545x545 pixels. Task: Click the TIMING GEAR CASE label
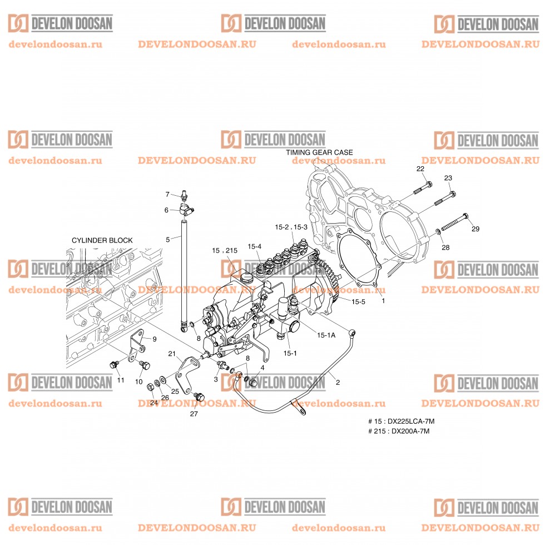pyautogui.click(x=319, y=152)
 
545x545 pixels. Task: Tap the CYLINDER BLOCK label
pyautogui.click(x=102, y=240)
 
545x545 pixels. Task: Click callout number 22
pyautogui.click(x=420, y=169)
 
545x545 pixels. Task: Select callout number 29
pyautogui.click(x=475, y=229)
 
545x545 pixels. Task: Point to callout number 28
pyautogui.click(x=445, y=247)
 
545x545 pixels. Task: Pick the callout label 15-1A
pyautogui.click(x=326, y=335)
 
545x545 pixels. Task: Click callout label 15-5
pyautogui.click(x=358, y=301)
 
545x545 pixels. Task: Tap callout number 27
pyautogui.click(x=194, y=414)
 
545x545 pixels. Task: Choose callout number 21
pyautogui.click(x=172, y=354)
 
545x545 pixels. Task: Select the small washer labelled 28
pyautogui.click(x=438, y=231)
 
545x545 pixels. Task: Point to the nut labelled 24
pyautogui.click(x=151, y=387)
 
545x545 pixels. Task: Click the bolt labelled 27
pyautogui.click(x=199, y=396)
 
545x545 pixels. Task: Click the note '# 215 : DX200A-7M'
pyautogui.click(x=399, y=431)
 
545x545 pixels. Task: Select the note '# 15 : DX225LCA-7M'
pyautogui.click(x=401, y=422)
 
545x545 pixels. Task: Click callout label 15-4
pyautogui.click(x=255, y=246)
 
